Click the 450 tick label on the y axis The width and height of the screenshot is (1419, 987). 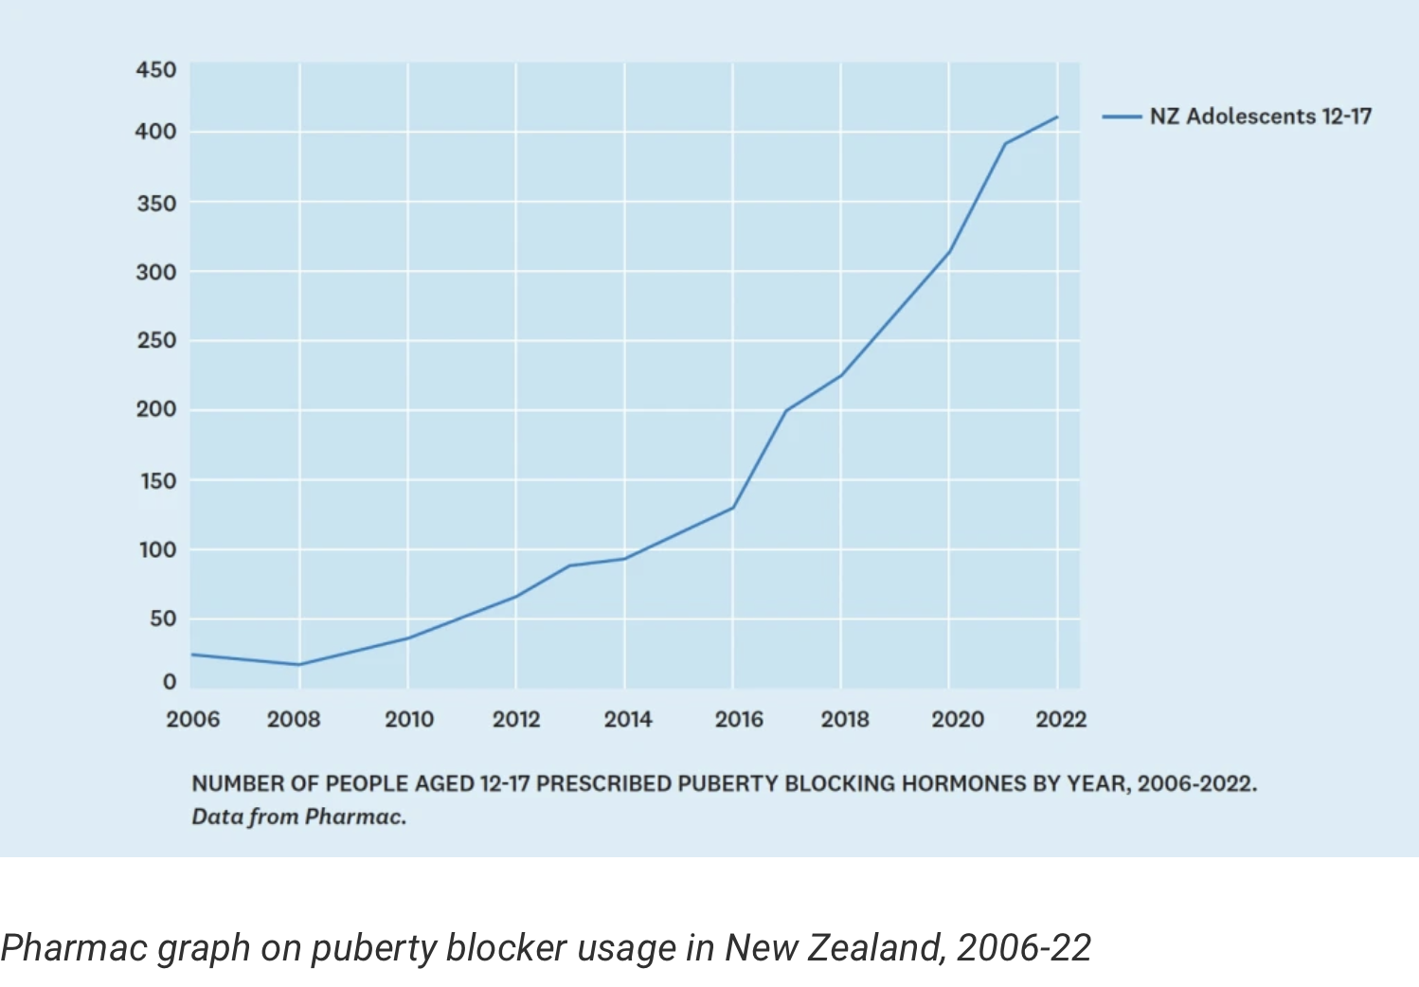point(156,70)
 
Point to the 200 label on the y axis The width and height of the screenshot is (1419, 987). point(156,409)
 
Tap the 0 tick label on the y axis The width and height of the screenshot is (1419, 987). point(169,682)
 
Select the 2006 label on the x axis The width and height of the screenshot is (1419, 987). point(193,720)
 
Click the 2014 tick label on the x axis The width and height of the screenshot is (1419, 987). point(628,720)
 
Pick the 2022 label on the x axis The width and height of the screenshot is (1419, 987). point(1061,720)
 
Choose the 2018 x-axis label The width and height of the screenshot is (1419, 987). point(845,720)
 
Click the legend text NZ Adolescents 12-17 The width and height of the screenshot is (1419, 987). point(1260,117)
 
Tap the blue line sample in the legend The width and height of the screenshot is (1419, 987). point(1122,117)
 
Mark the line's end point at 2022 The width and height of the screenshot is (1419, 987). point(1057,117)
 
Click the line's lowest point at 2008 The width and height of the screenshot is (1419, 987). point(299,664)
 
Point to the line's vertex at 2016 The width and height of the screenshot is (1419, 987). point(732,508)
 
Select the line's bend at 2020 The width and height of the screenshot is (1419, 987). point(949,252)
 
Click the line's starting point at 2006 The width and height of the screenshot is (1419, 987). point(192,655)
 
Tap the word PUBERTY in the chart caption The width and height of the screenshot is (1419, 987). point(728,784)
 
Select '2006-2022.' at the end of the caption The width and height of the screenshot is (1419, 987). point(1197,784)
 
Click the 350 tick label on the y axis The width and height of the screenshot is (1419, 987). point(156,204)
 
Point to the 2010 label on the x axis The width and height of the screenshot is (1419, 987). point(409,720)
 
